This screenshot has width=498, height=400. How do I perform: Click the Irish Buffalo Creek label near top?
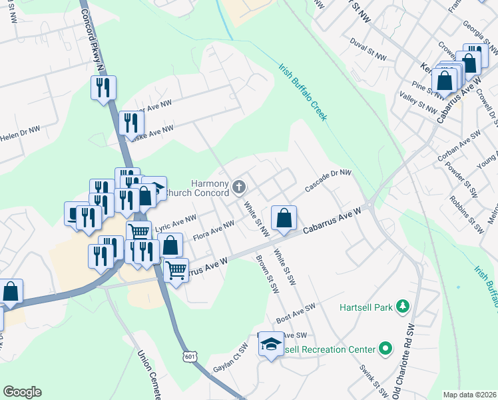(303, 93)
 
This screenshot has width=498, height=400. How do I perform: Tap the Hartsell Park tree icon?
(402, 306)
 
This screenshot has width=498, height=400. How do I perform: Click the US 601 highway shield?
(191, 357)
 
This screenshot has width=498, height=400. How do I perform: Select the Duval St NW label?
(368, 49)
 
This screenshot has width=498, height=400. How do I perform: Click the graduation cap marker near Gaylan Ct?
(271, 345)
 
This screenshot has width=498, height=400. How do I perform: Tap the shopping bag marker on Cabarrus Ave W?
(284, 218)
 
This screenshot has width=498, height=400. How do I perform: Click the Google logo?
(22, 392)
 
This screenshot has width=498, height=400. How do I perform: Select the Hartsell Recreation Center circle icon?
(385, 349)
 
